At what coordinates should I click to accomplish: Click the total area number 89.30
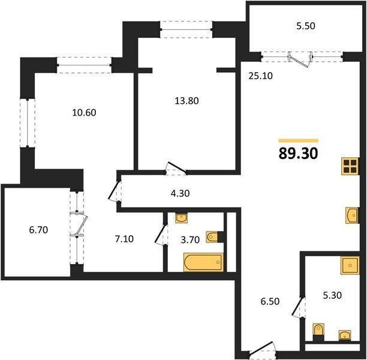pyautogui.click(x=298, y=154)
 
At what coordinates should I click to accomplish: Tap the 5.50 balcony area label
pyautogui.click(x=306, y=26)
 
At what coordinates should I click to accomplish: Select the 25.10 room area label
pyautogui.click(x=260, y=76)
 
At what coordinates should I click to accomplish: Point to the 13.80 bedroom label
pyautogui.click(x=186, y=101)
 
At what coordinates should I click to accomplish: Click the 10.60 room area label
pyautogui.click(x=84, y=113)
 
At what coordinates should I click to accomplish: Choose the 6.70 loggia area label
pyautogui.click(x=38, y=230)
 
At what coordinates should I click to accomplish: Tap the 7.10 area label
pyautogui.click(x=124, y=239)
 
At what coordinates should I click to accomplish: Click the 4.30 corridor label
pyautogui.click(x=180, y=193)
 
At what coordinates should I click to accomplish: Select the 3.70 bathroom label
pyautogui.click(x=190, y=240)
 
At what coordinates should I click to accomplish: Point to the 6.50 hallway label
pyautogui.click(x=270, y=301)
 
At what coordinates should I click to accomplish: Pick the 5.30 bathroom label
pyautogui.click(x=332, y=295)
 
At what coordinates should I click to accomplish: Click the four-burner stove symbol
pyautogui.click(x=350, y=166)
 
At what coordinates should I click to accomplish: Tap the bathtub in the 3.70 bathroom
pyautogui.click(x=203, y=262)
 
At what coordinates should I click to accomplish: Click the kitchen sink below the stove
pyautogui.click(x=352, y=215)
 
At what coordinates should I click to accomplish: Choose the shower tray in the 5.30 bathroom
pyautogui.click(x=350, y=265)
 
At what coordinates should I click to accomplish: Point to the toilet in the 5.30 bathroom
pyautogui.click(x=318, y=332)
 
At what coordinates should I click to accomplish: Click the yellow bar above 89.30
pyautogui.click(x=298, y=141)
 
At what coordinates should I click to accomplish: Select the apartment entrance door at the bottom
pyautogui.click(x=262, y=349)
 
